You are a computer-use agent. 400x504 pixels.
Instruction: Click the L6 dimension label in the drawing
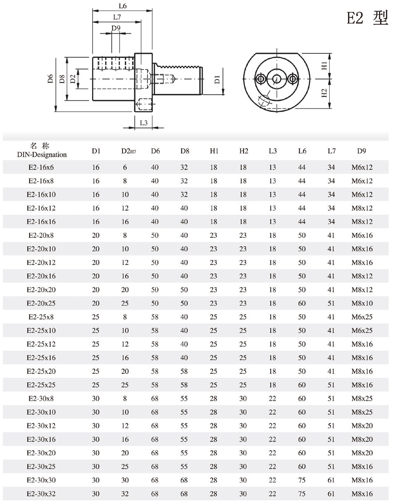123,6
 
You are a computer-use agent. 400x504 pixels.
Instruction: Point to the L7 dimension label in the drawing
117,17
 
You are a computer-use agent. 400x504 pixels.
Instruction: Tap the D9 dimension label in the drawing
116,28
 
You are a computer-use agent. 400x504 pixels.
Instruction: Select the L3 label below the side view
144,123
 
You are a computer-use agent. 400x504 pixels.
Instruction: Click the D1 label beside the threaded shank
217,80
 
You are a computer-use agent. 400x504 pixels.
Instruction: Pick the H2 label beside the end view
324,93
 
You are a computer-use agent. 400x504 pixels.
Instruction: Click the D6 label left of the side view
51,80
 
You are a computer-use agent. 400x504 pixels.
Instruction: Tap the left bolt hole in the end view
260,79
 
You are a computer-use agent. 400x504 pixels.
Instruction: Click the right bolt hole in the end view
292,79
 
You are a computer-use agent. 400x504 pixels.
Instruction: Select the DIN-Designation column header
42,155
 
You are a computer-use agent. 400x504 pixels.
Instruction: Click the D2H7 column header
128,151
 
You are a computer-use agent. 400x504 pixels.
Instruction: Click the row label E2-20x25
42,304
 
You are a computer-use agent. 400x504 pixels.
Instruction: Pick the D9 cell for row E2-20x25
362,304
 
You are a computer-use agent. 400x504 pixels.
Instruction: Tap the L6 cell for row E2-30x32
302,494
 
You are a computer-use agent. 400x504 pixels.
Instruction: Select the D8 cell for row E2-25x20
184,372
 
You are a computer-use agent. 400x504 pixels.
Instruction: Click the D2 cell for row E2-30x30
125,480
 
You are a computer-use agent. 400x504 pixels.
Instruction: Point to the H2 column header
244,151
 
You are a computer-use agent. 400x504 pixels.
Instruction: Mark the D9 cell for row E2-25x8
362,317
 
